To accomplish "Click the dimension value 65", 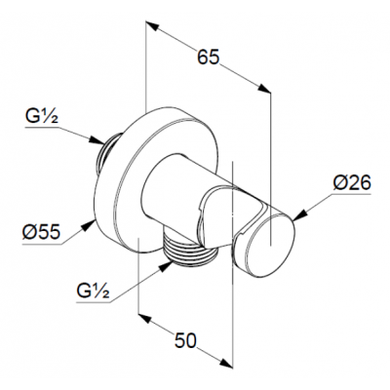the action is click(x=209, y=58).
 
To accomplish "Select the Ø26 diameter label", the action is click(x=352, y=183).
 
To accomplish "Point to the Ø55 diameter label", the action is click(x=41, y=232).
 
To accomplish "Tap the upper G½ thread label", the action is click(x=42, y=117).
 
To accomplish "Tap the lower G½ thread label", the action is click(x=93, y=291).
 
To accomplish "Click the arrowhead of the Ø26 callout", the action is click(x=300, y=216).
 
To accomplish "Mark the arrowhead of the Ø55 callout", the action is click(x=88, y=225).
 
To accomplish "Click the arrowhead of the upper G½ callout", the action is click(x=97, y=140).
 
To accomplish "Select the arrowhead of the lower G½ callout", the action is click(x=165, y=267).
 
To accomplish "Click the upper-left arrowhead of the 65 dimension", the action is click(x=152, y=26).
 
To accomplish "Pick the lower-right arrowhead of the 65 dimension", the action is click(x=264, y=89).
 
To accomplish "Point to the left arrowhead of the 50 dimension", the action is click(x=145, y=318).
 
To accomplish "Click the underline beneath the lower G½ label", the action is click(x=94, y=302).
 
